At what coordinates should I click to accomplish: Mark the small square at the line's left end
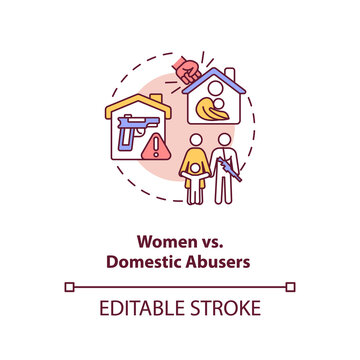point(69,287)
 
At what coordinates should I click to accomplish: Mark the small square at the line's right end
point(290,287)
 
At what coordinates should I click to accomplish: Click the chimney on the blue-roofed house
point(231,73)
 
